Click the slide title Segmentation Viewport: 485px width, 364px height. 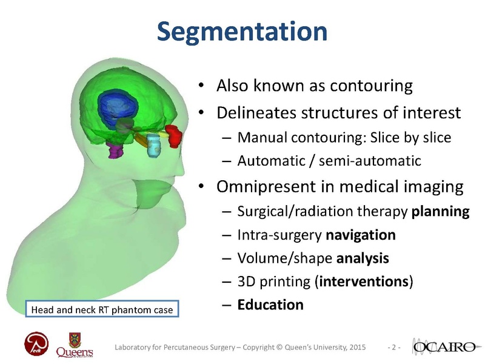pyautogui.click(x=242, y=32)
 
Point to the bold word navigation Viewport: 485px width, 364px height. pyautogui.click(x=361, y=235)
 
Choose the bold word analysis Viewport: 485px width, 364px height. pyautogui.click(x=363, y=258)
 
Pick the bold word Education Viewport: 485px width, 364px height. pyautogui.click(x=270, y=304)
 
